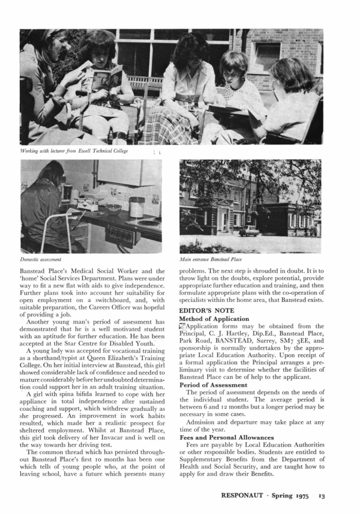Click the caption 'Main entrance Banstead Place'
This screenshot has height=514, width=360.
(209, 259)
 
